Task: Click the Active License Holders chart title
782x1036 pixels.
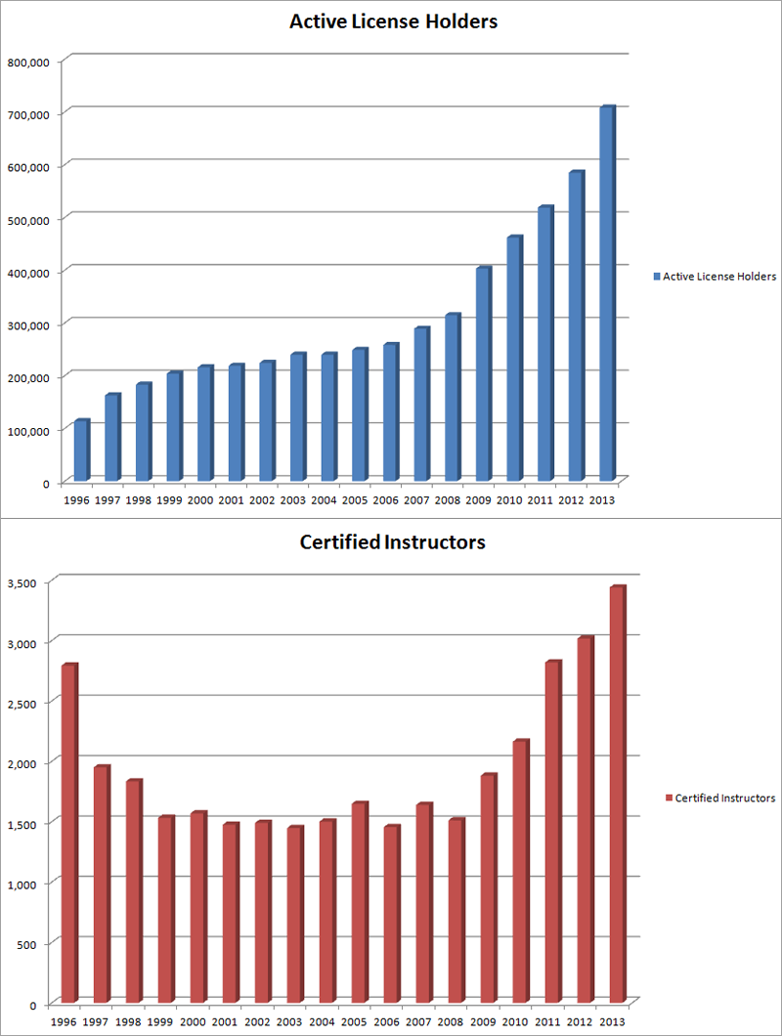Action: (x=393, y=21)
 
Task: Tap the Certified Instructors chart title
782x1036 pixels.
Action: (x=392, y=541)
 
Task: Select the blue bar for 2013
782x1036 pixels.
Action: (x=606, y=293)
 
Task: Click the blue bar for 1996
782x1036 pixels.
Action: (x=81, y=452)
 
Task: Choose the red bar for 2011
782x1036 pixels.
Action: (x=552, y=832)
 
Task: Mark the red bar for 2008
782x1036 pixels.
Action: (x=456, y=910)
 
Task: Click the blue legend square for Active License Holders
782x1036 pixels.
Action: (x=657, y=277)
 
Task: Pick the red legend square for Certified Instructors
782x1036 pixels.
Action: (x=670, y=798)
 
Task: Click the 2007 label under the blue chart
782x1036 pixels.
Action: (x=415, y=499)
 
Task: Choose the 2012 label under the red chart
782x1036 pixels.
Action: (x=579, y=1021)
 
